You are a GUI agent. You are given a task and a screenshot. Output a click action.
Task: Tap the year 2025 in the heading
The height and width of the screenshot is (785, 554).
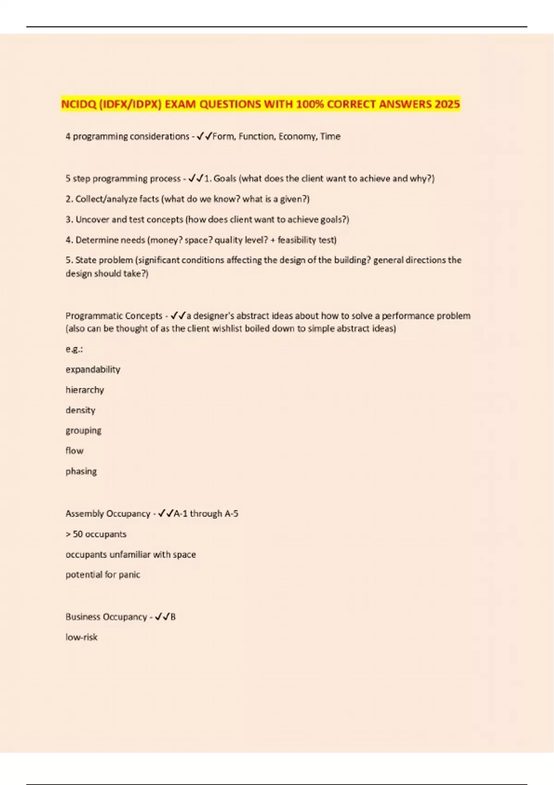(447, 104)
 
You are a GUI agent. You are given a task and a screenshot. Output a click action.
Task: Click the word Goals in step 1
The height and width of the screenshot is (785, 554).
(225, 178)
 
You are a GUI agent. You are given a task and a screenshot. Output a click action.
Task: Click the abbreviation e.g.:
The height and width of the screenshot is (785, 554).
(74, 349)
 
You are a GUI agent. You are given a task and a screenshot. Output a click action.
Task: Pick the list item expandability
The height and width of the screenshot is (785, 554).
(93, 369)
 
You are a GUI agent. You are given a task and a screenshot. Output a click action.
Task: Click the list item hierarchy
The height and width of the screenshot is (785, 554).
(84, 390)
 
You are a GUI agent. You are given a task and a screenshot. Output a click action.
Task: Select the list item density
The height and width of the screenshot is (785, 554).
(80, 410)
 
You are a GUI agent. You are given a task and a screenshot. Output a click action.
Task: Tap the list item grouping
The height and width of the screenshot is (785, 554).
(83, 430)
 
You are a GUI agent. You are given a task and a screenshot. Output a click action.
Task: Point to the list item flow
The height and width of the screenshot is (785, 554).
(74, 451)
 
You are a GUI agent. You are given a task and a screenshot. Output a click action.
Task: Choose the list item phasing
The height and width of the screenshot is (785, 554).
(81, 471)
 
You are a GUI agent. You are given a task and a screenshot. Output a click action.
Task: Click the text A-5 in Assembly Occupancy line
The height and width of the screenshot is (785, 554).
(231, 513)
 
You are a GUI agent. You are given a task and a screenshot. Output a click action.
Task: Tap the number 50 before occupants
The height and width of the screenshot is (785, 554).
(78, 534)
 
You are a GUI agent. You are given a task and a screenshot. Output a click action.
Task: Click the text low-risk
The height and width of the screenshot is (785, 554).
(81, 637)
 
